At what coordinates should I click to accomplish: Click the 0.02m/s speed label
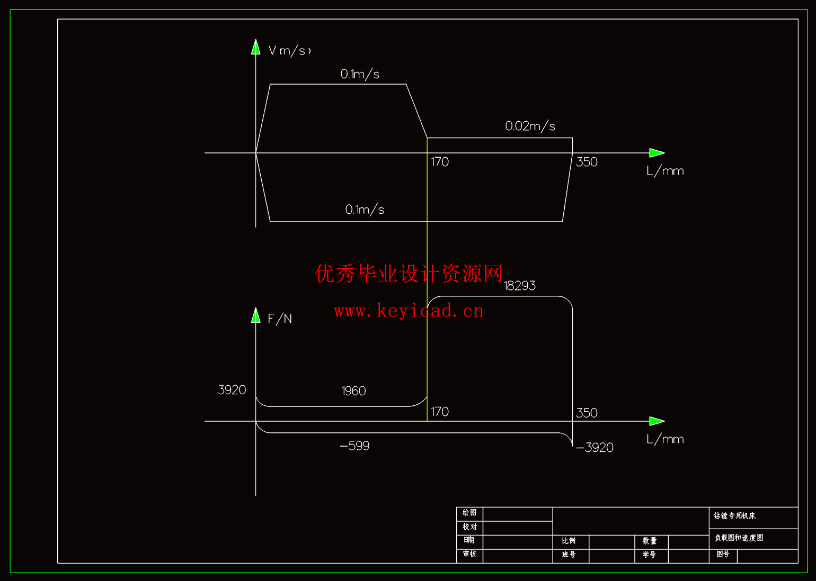(x=530, y=126)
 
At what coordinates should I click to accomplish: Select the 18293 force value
(x=519, y=286)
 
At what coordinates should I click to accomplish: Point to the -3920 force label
(x=595, y=448)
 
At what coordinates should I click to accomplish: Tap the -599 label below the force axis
(x=354, y=446)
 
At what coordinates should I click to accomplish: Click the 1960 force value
(x=353, y=391)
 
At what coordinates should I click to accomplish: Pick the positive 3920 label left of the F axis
(x=232, y=390)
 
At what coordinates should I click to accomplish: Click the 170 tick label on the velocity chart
(x=439, y=162)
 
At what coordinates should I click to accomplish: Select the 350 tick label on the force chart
(x=587, y=413)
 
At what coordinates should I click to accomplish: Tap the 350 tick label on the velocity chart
(x=587, y=162)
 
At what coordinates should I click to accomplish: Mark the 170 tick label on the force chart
(x=439, y=412)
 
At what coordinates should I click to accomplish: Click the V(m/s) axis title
(x=289, y=51)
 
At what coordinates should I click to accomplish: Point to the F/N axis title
(x=280, y=319)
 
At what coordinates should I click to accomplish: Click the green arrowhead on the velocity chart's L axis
(x=657, y=153)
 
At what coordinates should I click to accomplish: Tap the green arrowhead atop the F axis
(x=256, y=316)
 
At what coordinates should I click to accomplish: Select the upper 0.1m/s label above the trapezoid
(x=360, y=74)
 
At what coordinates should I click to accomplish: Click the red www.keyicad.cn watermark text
(x=409, y=311)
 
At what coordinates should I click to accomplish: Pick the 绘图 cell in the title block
(x=469, y=513)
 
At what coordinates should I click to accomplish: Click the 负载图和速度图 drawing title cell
(x=739, y=538)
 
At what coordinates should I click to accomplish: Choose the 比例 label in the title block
(x=569, y=541)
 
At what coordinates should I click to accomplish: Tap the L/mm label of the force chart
(x=665, y=439)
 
